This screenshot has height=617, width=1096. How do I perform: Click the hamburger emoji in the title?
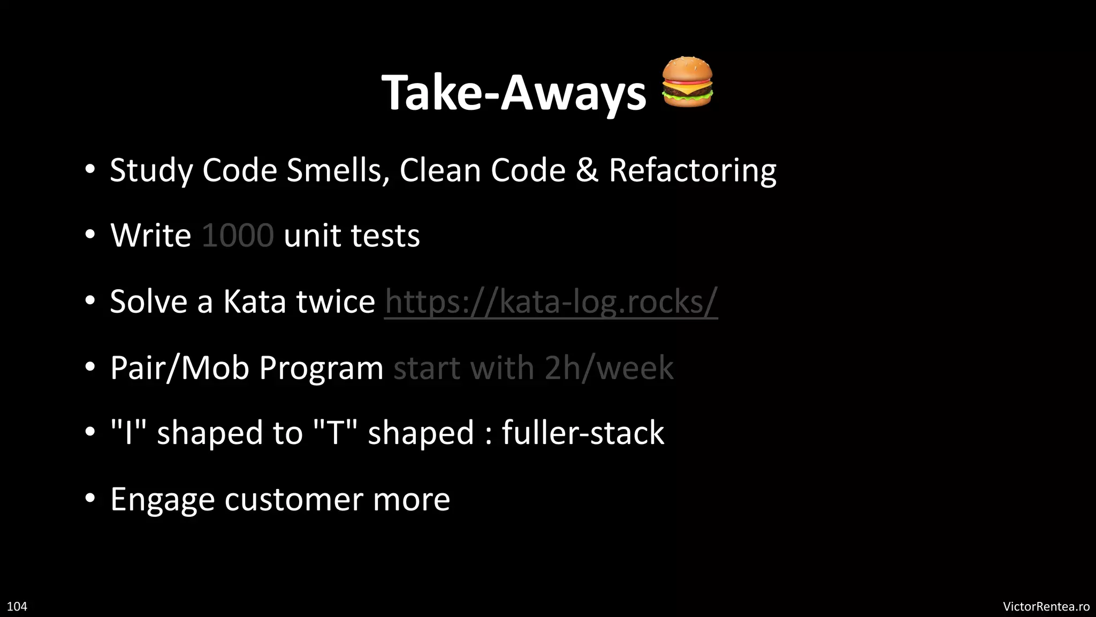pyautogui.click(x=687, y=82)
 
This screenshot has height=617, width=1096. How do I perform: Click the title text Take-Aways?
pyautogui.click(x=514, y=93)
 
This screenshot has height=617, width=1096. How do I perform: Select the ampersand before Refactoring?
pyautogui.click(x=587, y=170)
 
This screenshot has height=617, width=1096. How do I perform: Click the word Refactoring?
pyautogui.click(x=692, y=170)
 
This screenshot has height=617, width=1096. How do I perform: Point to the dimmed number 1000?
pyautogui.click(x=238, y=236)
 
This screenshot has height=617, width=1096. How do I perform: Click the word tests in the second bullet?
pyautogui.click(x=385, y=236)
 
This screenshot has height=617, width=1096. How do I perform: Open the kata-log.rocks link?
pyautogui.click(x=551, y=302)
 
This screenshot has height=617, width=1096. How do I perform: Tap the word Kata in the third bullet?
pyautogui.click(x=254, y=302)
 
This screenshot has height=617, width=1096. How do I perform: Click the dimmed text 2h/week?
pyautogui.click(x=609, y=368)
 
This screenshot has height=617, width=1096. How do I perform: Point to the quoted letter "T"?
pyautogui.click(x=335, y=433)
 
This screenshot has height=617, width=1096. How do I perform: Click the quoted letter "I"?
pyautogui.click(x=128, y=433)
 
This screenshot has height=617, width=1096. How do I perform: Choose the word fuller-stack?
pyautogui.click(x=583, y=433)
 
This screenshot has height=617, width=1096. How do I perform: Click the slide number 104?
pyautogui.click(x=17, y=606)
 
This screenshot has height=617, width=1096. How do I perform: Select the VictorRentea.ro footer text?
pyautogui.click(x=1046, y=606)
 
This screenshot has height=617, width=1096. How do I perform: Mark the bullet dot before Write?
pyautogui.click(x=90, y=235)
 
